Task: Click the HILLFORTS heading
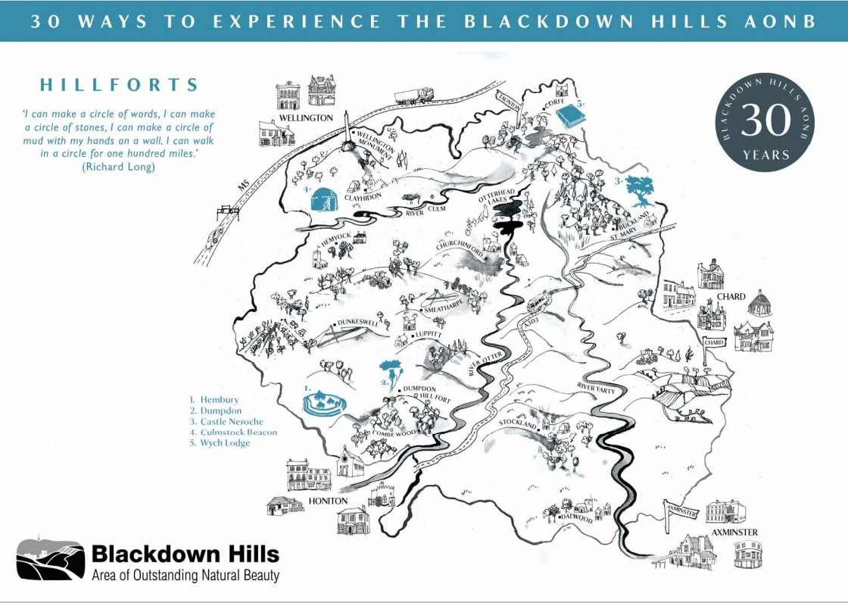coord(120,85)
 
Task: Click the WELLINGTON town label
coord(305,118)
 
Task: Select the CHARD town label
coord(731,296)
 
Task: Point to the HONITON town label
coord(328,501)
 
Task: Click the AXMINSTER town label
coord(734,533)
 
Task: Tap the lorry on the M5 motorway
coord(413,95)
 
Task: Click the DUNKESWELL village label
coord(357,322)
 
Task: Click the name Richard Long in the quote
coord(117,167)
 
